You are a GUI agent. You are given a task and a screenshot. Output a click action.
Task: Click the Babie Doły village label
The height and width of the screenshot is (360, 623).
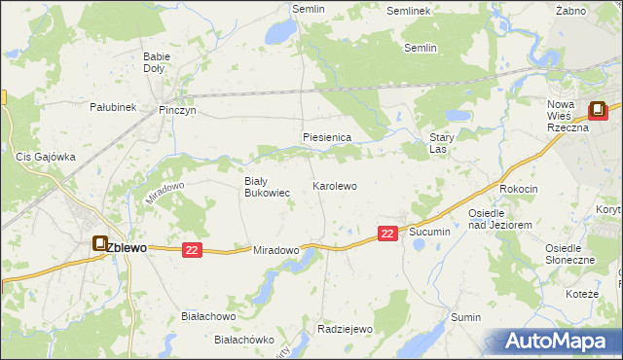tap(156, 63)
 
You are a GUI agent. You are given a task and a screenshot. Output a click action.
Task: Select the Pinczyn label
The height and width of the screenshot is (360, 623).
tap(177, 111)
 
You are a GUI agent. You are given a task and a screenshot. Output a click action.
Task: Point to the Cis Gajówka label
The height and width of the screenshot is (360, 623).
tap(46, 156)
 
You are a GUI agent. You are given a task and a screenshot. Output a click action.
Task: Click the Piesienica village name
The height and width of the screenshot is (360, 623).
tap(326, 138)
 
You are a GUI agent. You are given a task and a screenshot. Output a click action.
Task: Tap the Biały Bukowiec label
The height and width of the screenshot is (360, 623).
tap(266, 187)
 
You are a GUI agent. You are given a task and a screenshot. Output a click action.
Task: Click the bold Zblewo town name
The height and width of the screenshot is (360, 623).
tap(127, 248)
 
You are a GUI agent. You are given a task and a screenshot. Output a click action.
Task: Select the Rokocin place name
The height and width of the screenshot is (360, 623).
tap(518, 189)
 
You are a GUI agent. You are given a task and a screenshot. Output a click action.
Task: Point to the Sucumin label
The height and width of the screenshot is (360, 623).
tap(429, 233)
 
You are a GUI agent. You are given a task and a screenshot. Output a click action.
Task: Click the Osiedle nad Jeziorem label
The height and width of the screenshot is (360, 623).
tap(498, 219)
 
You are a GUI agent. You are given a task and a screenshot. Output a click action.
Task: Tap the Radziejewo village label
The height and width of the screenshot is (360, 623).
tap(346, 329)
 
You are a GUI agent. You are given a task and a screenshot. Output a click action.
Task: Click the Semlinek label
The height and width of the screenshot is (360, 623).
tap(408, 11)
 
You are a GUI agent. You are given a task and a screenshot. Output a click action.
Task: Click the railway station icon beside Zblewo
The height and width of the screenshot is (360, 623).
tap(100, 244)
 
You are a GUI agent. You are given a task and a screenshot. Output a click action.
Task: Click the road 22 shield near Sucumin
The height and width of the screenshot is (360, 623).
tap(387, 234)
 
